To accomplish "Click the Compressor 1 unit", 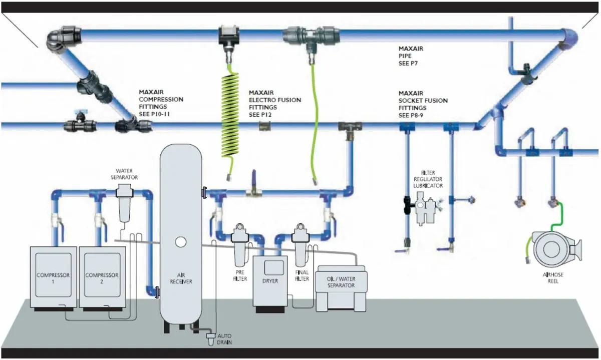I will click(x=53, y=278).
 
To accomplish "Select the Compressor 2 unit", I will click(x=102, y=278).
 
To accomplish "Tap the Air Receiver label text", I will click(x=181, y=278).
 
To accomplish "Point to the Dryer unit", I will click(x=270, y=283).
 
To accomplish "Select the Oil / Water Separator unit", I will click(x=341, y=288).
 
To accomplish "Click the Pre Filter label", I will click(x=240, y=275).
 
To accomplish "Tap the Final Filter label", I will click(x=302, y=275).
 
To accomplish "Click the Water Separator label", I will click(x=124, y=174).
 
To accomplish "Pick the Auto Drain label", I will click(x=223, y=339).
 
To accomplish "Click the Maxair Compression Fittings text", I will click(x=161, y=103).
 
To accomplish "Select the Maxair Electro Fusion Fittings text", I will click(x=274, y=104).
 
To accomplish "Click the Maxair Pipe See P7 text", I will click(x=411, y=56).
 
